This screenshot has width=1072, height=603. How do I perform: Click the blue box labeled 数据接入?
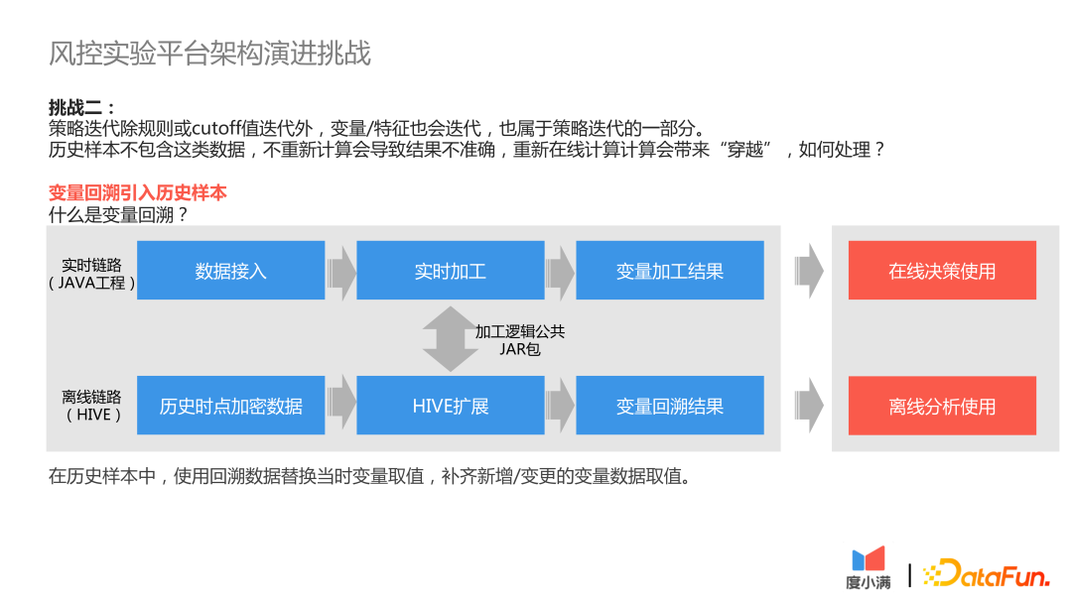pos(230,271)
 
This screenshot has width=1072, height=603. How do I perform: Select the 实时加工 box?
pos(450,271)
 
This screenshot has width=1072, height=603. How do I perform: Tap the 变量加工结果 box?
pos(669,271)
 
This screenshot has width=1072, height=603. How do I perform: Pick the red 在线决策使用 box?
pos(942,271)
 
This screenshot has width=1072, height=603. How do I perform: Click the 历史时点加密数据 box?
pos(230,406)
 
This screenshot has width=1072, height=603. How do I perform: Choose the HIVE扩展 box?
pos(450,406)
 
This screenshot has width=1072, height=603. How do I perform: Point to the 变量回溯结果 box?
pos(669,406)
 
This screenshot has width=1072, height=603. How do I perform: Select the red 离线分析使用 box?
pos(942,406)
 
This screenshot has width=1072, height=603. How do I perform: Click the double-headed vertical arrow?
pos(450,338)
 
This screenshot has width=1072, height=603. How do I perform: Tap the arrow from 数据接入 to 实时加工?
pos(341,271)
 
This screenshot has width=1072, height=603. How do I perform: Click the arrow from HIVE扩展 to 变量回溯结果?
pos(561,406)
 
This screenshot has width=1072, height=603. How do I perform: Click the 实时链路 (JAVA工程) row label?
pos(91,274)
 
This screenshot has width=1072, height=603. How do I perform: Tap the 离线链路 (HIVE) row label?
pos(91,406)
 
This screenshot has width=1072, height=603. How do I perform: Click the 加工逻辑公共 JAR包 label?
pos(519,340)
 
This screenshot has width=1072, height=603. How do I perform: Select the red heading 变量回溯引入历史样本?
pos(137,193)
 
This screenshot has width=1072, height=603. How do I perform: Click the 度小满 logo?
pos(869,567)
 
